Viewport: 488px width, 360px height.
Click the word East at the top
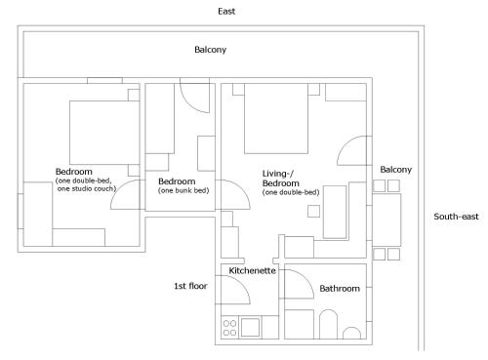click(226, 12)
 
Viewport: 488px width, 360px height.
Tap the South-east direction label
click(456, 217)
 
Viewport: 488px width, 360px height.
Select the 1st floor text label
click(190, 286)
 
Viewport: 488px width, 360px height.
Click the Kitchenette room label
click(252, 270)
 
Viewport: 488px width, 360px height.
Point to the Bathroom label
click(340, 289)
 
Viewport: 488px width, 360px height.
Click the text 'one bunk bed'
click(183, 190)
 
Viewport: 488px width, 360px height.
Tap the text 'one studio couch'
click(87, 188)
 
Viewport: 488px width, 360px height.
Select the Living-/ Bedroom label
click(280, 179)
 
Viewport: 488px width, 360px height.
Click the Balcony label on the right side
click(396, 170)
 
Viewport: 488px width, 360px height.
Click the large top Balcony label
click(210, 50)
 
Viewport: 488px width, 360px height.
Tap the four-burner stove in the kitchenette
click(229, 328)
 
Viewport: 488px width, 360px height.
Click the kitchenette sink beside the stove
click(250, 327)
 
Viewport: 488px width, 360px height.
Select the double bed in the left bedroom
click(104, 133)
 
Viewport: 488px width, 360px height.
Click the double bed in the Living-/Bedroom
click(276, 118)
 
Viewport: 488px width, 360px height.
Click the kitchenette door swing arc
click(241, 282)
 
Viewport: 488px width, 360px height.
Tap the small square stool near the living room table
click(313, 212)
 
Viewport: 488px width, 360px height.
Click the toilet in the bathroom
click(328, 324)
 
